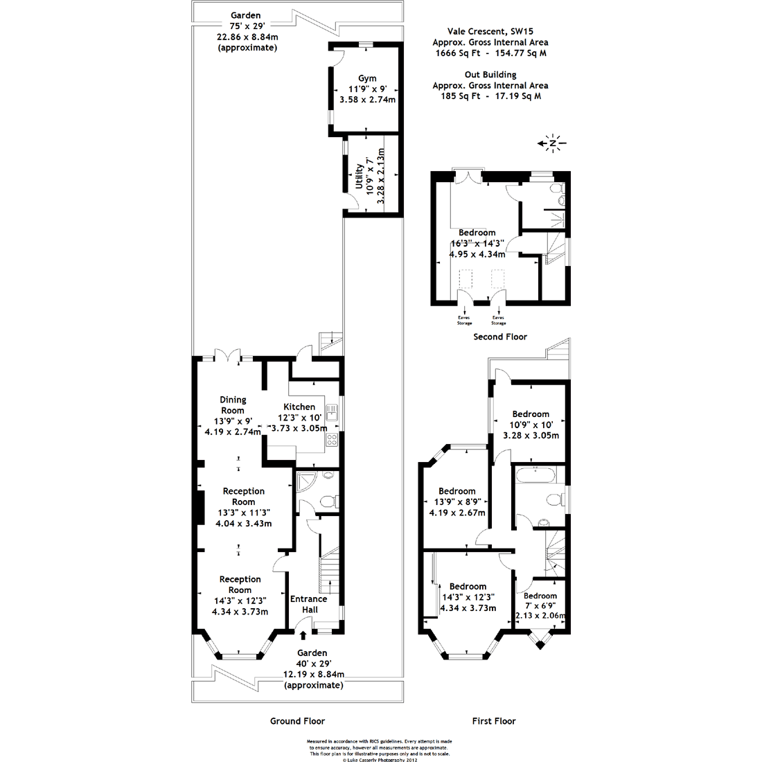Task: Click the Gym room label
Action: [x=367, y=78]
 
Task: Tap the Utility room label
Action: [x=359, y=177]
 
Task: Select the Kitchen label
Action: [x=299, y=407]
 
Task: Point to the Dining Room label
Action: [x=233, y=405]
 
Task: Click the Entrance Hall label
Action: [x=308, y=604]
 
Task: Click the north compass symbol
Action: [x=553, y=143]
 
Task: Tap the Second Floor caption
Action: [x=499, y=337]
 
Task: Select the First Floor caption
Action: [x=494, y=720]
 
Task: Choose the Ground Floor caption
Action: [x=297, y=720]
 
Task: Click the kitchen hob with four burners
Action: [x=332, y=439]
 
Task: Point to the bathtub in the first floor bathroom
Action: [x=538, y=476]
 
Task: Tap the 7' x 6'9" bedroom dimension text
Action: [x=540, y=605]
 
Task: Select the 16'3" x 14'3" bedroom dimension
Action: [x=477, y=244]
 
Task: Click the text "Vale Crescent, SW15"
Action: [x=490, y=31]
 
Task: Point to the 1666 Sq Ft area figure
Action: [x=454, y=53]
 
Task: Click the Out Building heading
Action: [x=490, y=75]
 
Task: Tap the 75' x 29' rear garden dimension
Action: [x=247, y=26]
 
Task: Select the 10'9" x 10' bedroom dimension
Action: [x=531, y=425]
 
